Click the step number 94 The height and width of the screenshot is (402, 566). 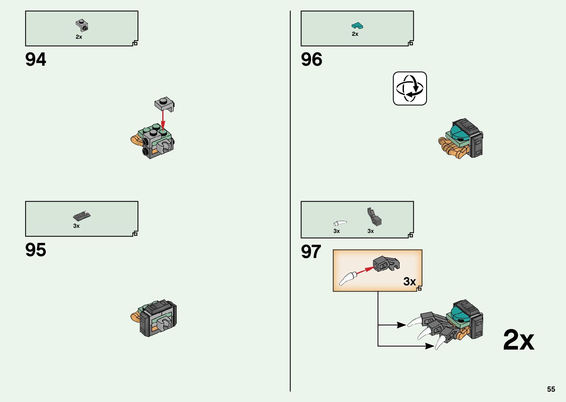[36, 59]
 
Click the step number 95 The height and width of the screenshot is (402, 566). [36, 250]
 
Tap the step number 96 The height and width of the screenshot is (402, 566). [312, 59]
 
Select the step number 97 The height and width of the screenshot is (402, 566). [311, 252]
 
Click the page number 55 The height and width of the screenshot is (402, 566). [551, 389]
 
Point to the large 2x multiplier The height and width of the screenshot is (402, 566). [518, 340]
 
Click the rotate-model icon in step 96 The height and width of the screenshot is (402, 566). [410, 89]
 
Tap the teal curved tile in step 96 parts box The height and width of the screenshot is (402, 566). [357, 25]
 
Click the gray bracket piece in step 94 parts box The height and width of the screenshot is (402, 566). [82, 25]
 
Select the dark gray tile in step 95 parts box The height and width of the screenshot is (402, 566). [82, 216]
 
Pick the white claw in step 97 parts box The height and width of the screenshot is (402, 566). [340, 223]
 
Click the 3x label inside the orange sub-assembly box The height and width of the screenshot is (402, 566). [409, 281]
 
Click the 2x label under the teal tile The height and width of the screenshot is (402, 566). [355, 34]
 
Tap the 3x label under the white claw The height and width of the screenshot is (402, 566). [336, 231]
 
